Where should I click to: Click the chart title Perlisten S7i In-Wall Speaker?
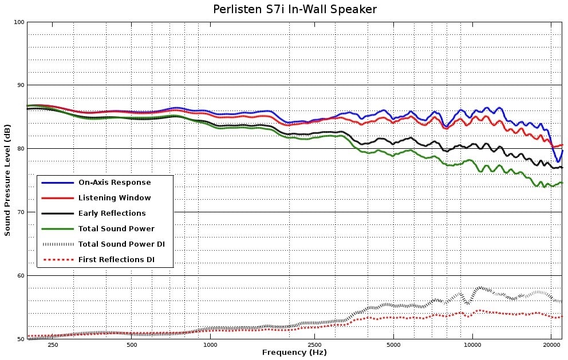[295, 9]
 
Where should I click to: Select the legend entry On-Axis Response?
[115, 183]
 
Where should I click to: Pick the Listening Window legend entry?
[115, 198]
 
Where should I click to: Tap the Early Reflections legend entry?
[112, 213]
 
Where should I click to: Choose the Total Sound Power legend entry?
[116, 229]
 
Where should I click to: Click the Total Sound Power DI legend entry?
[121, 244]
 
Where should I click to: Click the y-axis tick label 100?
[19, 22]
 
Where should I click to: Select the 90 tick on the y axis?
[21, 85]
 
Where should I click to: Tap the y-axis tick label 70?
[21, 212]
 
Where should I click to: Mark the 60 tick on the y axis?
[21, 276]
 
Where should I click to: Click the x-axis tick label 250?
[53, 345]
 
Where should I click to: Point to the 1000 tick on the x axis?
[211, 345]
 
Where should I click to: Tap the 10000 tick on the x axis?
[472, 345]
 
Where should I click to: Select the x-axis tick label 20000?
[551, 345]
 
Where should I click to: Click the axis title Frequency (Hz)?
[294, 353]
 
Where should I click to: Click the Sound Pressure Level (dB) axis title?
[7, 180]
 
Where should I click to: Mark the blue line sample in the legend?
[58, 183]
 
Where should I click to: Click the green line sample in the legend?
[58, 229]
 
